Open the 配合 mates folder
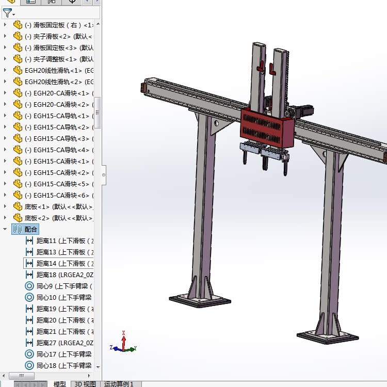(31, 229)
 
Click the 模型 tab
(60, 384)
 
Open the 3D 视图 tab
(85, 384)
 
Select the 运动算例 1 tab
(119, 384)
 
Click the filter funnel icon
(7, 13)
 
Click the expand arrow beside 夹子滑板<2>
(6, 36)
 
